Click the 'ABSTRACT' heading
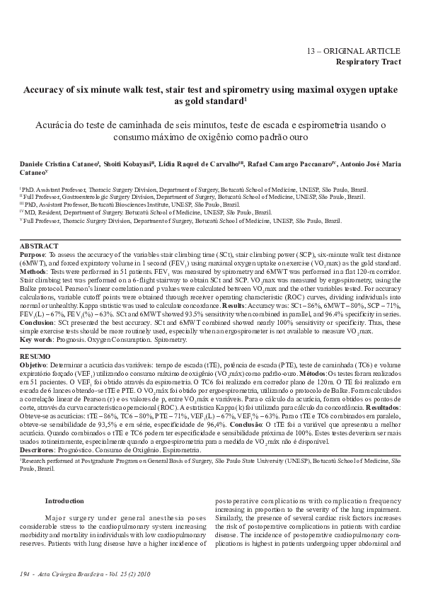click(39, 246)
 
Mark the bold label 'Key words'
click(36, 340)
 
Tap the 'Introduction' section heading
click(64, 501)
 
